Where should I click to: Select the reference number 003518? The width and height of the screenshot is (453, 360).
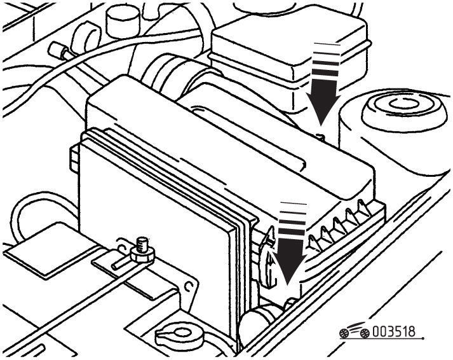(394, 331)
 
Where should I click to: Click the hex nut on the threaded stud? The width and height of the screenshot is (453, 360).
(142, 254)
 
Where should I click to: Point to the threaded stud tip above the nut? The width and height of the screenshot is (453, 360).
(142, 242)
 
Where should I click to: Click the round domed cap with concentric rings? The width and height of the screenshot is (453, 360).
(403, 107)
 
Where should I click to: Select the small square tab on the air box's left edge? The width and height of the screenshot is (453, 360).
(74, 158)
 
